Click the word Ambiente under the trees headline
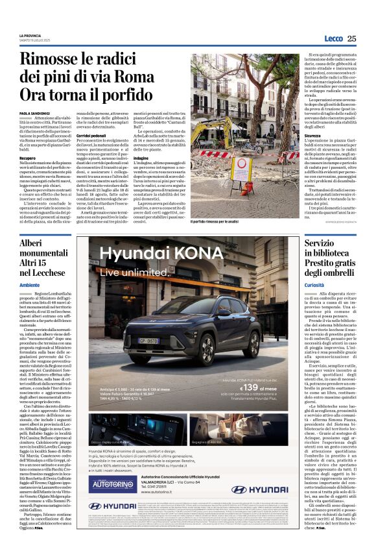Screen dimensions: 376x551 click(x=30, y=285)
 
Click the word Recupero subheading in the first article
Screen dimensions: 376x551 click(x=27, y=157)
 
